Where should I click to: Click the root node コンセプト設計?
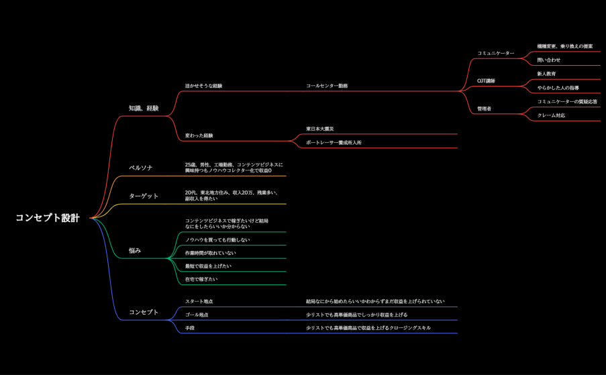pos(47,218)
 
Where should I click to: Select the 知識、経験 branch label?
pos(144,108)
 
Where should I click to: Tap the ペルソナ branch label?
pos(141,168)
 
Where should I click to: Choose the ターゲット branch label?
pos(144,196)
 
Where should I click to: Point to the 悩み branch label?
pos(135,251)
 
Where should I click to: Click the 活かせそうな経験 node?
pos(203,86)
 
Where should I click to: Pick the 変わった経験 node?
pos(199,136)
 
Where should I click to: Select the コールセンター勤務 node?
pos(327,86)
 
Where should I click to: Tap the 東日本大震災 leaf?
pos(320,129)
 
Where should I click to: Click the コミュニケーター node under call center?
pos(495,53)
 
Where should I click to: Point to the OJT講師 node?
pos(486,81)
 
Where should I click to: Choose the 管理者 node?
pos(484,109)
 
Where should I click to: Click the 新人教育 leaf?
pos(546,74)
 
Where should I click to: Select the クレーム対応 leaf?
pos(551,115)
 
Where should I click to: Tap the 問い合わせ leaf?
pos(548,60)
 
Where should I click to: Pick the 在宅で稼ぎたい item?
pos(201,279)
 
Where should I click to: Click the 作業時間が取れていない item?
pos(211,253)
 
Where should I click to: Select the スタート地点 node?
pos(199,301)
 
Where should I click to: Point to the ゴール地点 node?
pos(197,315)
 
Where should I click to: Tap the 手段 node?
pos(190,328)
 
